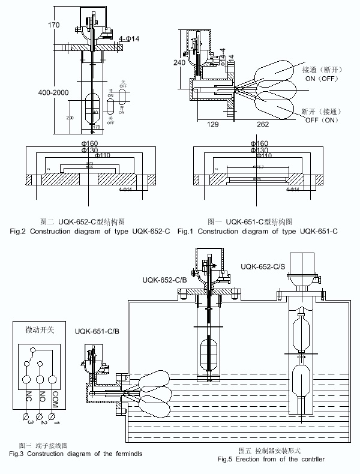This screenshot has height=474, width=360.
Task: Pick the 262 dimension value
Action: click(263, 125)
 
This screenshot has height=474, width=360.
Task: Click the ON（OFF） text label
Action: click(322, 78)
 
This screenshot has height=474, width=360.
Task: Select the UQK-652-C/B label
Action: click(165, 280)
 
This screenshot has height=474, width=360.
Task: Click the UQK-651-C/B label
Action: click(97, 331)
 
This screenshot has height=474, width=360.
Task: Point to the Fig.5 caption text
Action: click(271, 459)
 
